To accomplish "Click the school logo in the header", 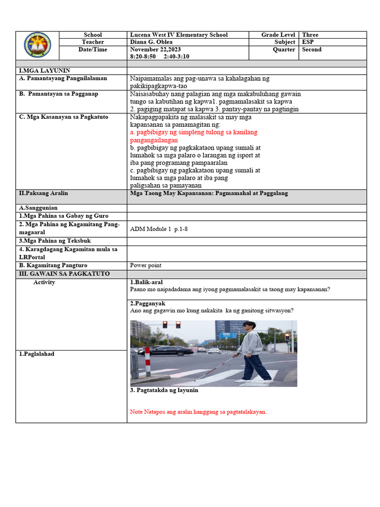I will point(37,46).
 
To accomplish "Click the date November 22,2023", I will point(155,50).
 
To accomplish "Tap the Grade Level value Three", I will point(310,35).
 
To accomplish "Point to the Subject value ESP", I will point(308,42).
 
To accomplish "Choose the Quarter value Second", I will point(312,50).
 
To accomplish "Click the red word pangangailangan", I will point(154,140).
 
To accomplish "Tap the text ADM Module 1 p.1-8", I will point(157,229).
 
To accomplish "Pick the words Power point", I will point(145,265).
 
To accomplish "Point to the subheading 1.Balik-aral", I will point(146,282).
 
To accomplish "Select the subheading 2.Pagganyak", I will point(147,303).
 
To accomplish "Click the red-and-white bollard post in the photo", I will point(146,361).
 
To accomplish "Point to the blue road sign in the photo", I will point(229,335).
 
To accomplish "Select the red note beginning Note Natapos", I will point(198,412).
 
